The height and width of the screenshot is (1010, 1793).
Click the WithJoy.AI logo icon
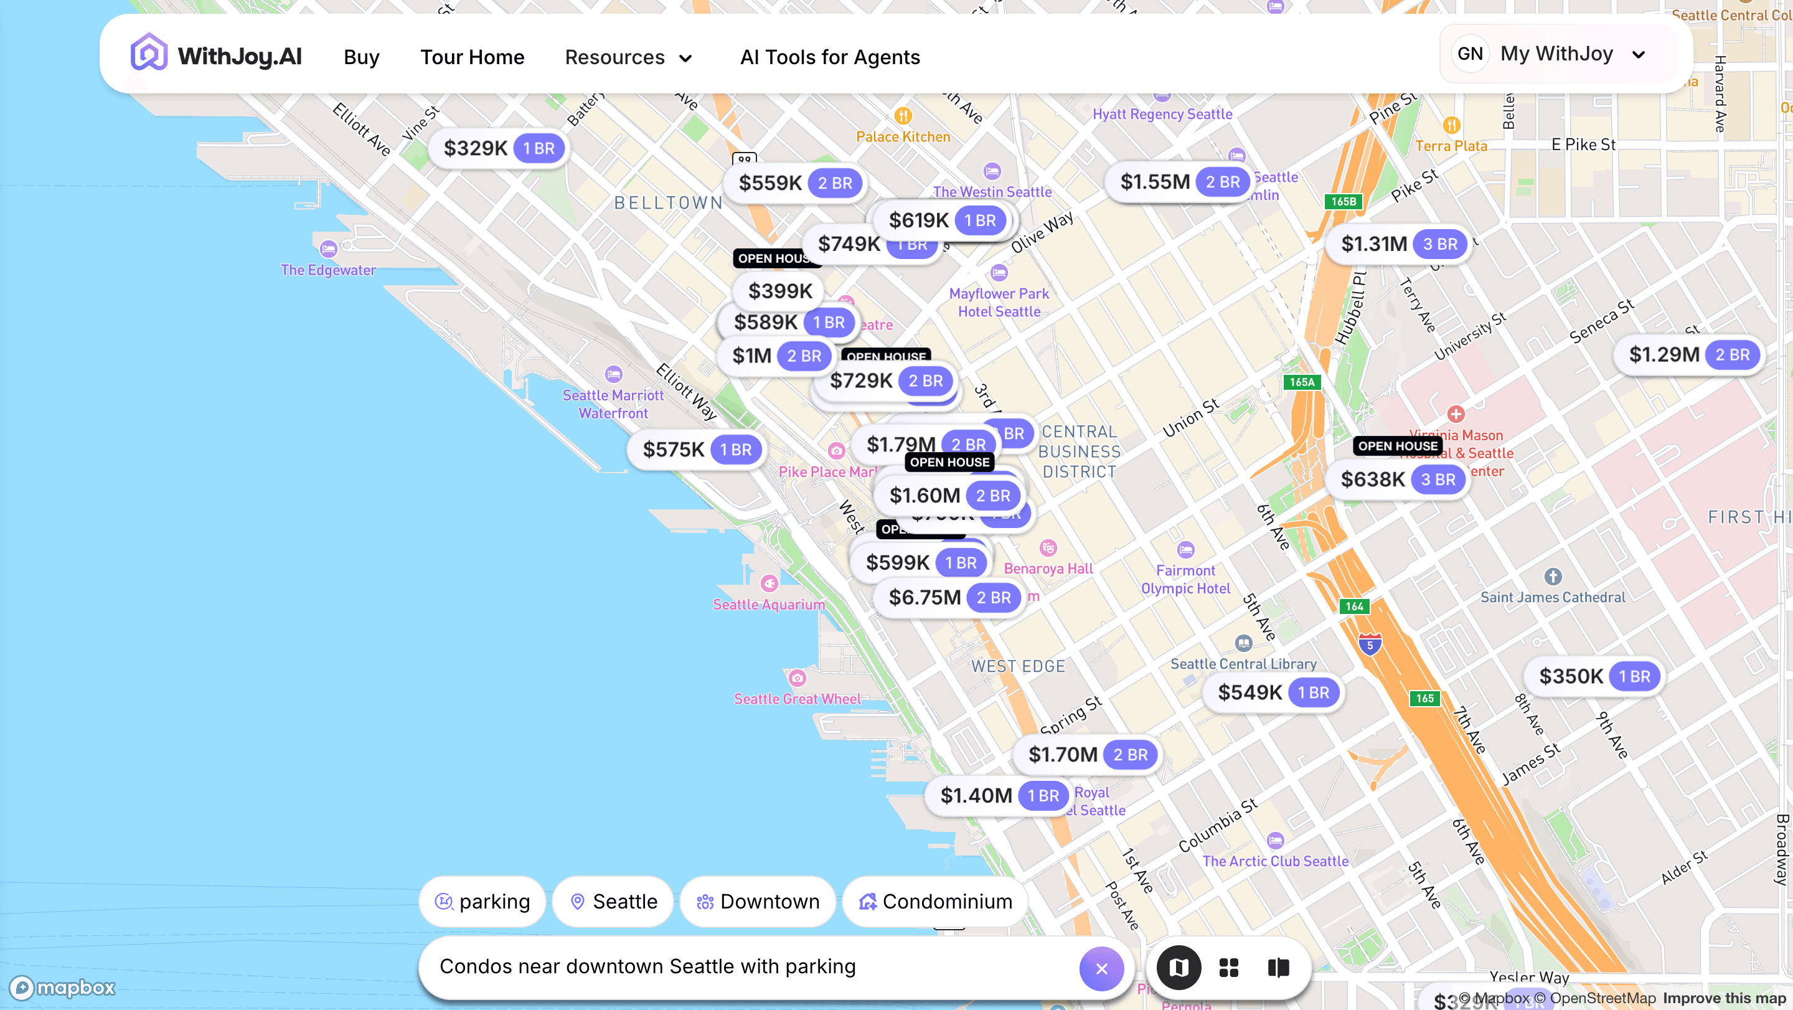149,53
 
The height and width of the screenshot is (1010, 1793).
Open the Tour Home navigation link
472,57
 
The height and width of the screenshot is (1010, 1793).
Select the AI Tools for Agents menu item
830,57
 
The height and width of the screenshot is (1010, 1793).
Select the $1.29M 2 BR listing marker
1688,355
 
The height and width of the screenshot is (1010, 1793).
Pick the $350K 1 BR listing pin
1593,677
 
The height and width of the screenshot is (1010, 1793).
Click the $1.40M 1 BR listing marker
997,796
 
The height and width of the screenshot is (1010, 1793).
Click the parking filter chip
482,902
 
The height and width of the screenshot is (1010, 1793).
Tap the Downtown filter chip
758,902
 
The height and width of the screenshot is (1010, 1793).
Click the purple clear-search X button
1101,968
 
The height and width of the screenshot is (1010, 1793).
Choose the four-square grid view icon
1228,968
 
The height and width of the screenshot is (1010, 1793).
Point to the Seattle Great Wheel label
797,699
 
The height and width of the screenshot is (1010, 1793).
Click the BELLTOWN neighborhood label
668,202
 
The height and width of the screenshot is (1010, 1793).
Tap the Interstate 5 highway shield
1369,644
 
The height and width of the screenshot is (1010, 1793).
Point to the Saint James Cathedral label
1552,597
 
